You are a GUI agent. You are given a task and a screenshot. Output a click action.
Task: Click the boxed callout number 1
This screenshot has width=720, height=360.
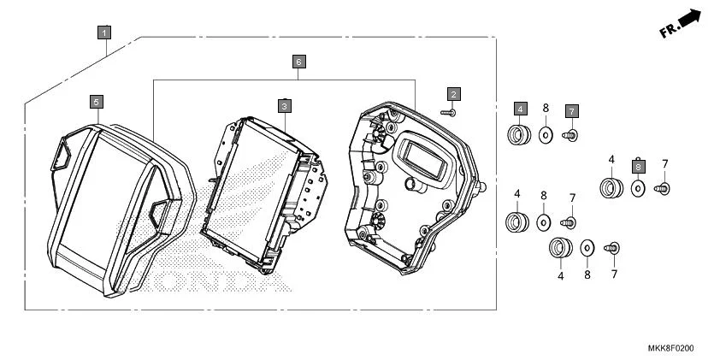(x=103, y=33)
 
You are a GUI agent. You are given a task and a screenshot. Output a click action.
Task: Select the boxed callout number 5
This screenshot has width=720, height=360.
(x=97, y=102)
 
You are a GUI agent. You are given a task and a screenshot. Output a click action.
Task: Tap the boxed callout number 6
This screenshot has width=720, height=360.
(x=298, y=62)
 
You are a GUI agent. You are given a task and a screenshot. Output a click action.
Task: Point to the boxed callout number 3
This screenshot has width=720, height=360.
(x=285, y=106)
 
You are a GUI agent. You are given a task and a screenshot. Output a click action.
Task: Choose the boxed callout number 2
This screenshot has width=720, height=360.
(x=454, y=93)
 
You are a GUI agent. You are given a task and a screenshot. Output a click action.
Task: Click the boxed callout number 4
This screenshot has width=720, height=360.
(x=520, y=109)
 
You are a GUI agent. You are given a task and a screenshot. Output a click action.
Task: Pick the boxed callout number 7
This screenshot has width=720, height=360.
(x=571, y=111)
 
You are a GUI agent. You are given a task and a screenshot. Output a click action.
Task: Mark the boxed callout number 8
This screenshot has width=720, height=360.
(x=638, y=166)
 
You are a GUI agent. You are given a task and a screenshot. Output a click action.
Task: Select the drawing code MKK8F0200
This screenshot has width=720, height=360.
(x=670, y=349)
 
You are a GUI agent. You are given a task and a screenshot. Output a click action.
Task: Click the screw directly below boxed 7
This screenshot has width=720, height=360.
(x=570, y=134)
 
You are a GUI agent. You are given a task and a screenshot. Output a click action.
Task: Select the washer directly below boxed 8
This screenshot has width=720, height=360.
(x=638, y=187)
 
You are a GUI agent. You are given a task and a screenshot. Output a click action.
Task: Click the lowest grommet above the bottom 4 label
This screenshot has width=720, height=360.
(x=560, y=249)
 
